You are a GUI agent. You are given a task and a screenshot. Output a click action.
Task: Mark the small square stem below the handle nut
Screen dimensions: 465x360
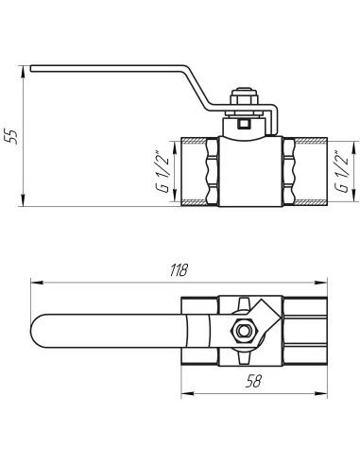coord(246,120)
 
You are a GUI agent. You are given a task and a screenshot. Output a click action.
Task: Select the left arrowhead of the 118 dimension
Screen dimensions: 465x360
coord(35,281)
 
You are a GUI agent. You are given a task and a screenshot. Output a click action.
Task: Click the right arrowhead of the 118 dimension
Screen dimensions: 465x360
coord(325,281)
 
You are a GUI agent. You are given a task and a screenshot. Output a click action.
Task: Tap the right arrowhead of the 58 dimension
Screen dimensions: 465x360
coord(325,390)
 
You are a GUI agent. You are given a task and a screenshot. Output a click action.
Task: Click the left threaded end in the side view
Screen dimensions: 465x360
coord(199,172)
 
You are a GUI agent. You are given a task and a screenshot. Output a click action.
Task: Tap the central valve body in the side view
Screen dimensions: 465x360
coord(249,172)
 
